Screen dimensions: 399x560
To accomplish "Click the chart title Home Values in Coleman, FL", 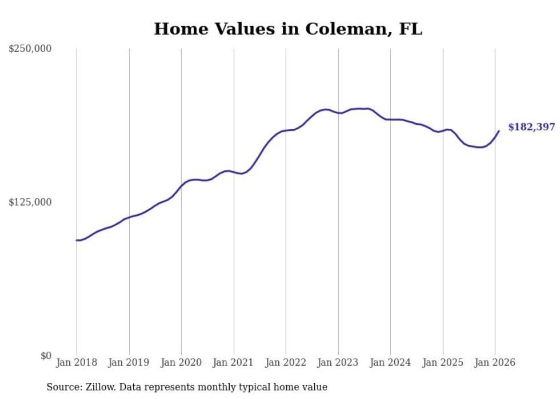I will [288, 29].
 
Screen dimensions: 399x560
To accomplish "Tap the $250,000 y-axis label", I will [30, 49].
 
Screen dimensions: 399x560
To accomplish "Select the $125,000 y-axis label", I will [30, 202].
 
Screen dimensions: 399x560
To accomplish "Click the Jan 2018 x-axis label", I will [77, 362].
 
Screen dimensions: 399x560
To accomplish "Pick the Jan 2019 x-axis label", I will [129, 362].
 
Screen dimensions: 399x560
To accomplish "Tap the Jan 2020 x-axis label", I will [181, 362].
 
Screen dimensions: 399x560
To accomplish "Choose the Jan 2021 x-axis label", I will [234, 362].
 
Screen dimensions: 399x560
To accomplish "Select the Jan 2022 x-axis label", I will [286, 362].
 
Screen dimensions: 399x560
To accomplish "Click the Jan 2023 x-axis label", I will [338, 362].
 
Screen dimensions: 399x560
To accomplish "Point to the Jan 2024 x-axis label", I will [390, 362].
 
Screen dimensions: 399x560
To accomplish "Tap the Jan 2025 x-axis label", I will [443, 362].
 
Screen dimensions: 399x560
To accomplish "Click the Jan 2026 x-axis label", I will [495, 362].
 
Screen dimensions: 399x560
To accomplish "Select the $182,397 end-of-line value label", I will [531, 127].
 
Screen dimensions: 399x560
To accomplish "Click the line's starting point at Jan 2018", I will [77, 240].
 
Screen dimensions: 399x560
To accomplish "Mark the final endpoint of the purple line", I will [499, 131].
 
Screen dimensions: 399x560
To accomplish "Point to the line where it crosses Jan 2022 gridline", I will [286, 131].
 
